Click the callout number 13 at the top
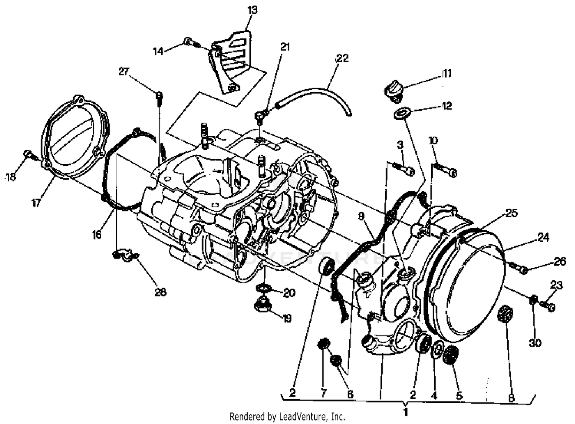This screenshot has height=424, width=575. tap(253, 10)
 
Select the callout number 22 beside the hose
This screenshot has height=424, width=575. tap(342, 58)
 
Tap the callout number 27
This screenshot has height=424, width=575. tap(123, 71)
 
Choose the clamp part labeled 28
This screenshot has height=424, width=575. tap(125, 255)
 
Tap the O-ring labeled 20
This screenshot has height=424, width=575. tap(264, 288)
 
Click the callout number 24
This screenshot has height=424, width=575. tap(543, 237)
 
